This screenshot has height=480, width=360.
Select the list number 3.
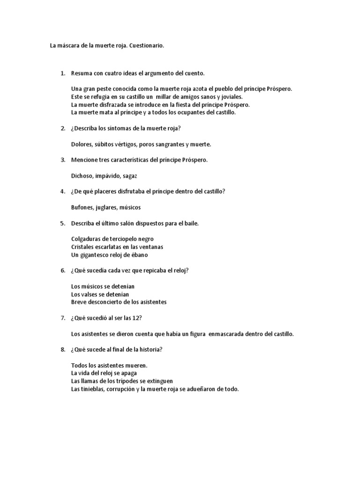click(62, 160)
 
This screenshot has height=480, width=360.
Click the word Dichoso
click(82, 176)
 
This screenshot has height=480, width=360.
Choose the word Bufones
click(82, 207)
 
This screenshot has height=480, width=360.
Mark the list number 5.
click(62, 223)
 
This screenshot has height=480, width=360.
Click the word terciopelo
click(120, 239)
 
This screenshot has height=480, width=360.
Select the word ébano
click(151, 255)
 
